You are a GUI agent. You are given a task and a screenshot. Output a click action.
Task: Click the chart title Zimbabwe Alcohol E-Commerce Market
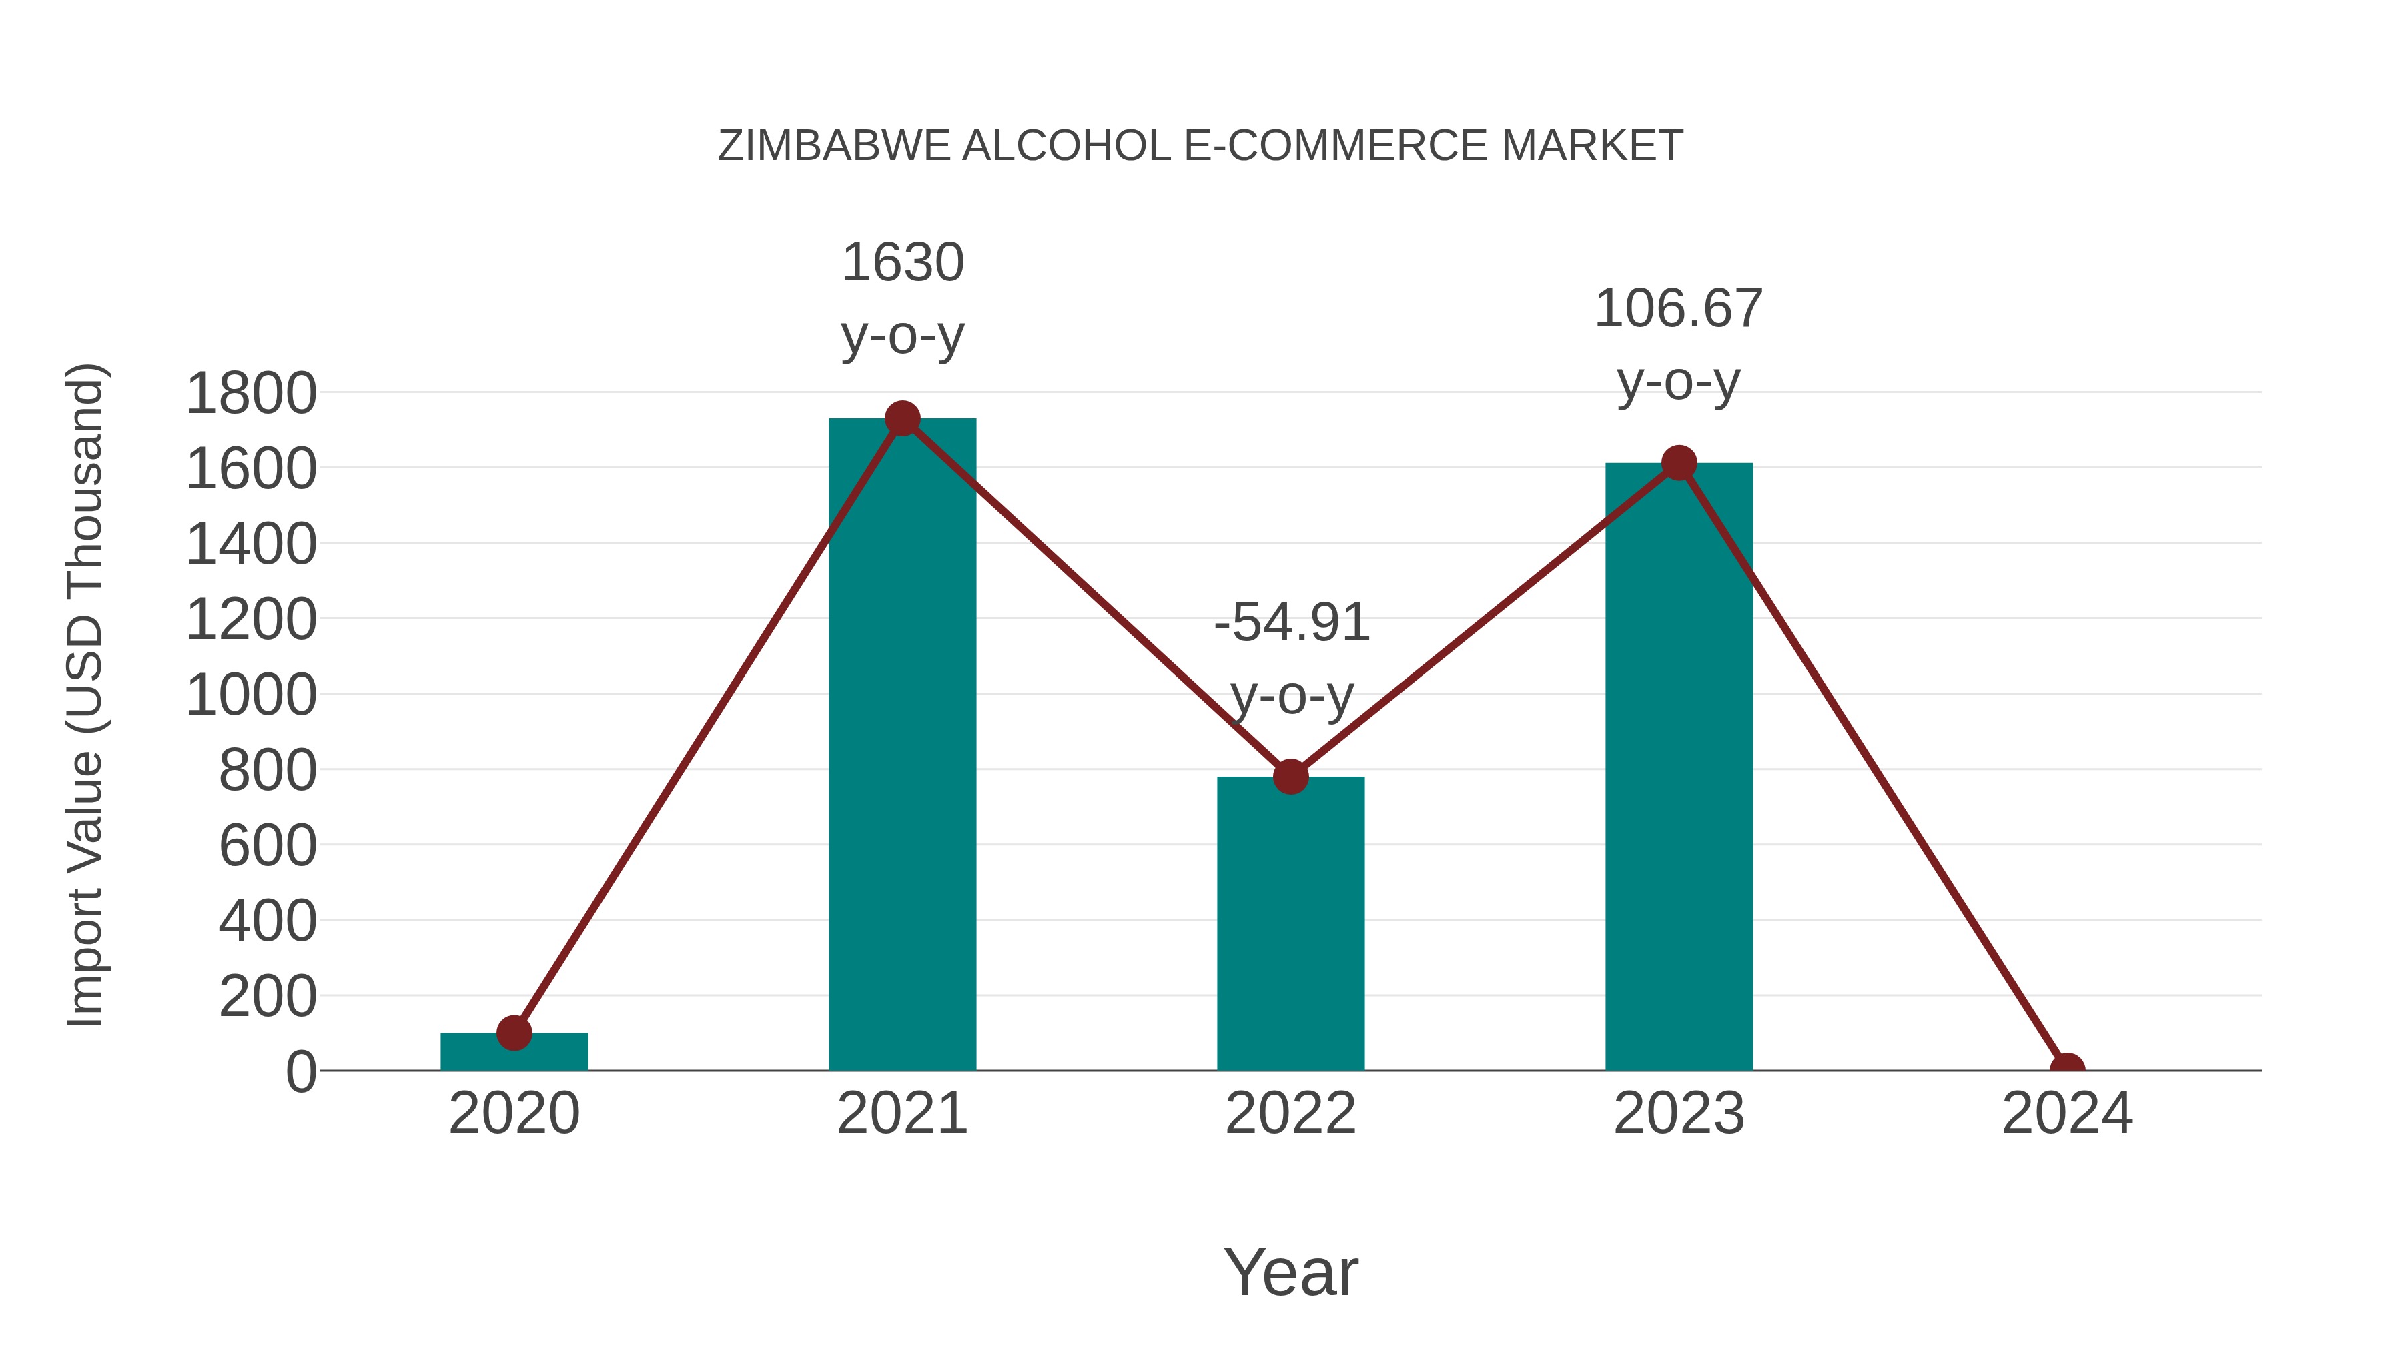click(x=1200, y=146)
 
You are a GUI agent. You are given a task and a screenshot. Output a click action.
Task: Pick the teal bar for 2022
click(x=1290, y=923)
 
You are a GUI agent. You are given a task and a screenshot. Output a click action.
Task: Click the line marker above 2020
click(x=514, y=1032)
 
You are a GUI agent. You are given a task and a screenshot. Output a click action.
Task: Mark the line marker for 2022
click(x=1290, y=776)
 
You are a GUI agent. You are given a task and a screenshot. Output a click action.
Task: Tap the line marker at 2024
click(x=2066, y=1069)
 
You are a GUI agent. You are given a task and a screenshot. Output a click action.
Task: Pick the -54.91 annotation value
click(x=1292, y=623)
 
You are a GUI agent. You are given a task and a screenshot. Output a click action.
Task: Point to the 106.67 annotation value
click(x=1679, y=309)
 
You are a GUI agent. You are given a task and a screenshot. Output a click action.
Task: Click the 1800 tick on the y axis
click(x=251, y=394)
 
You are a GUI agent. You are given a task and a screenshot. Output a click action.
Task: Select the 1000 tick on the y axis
click(x=251, y=696)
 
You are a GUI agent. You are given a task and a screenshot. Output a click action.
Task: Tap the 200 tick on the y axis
click(x=268, y=997)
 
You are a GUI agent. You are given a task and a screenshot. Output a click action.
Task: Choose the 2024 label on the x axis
click(x=2066, y=1113)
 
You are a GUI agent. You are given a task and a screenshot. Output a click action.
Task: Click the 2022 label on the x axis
click(x=1290, y=1113)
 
